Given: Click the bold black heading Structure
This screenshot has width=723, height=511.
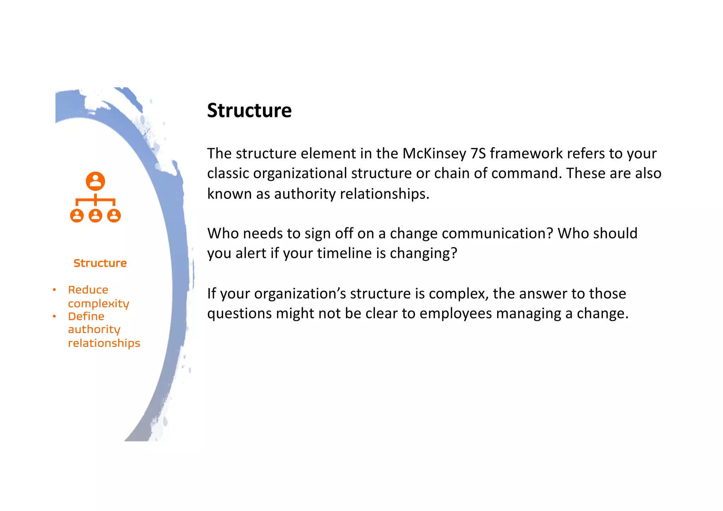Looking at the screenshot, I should [249, 110].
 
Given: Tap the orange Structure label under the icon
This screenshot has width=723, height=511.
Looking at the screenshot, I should [100, 263].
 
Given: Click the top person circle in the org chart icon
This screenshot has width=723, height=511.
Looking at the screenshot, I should [95, 181].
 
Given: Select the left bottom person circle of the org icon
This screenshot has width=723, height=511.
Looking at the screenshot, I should [77, 215].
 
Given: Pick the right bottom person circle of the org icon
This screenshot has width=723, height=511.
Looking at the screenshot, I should [114, 215].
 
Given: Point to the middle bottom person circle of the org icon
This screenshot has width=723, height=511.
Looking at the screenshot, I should [95, 215].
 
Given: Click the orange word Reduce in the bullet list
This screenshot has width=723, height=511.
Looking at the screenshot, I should [88, 290].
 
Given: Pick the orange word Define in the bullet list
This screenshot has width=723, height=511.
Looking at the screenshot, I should [86, 316].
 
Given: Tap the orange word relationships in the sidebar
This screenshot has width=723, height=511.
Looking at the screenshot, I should [104, 343].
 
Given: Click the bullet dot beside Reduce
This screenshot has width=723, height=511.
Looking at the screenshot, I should [54, 290].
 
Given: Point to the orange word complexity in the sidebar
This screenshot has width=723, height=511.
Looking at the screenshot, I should [98, 303].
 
